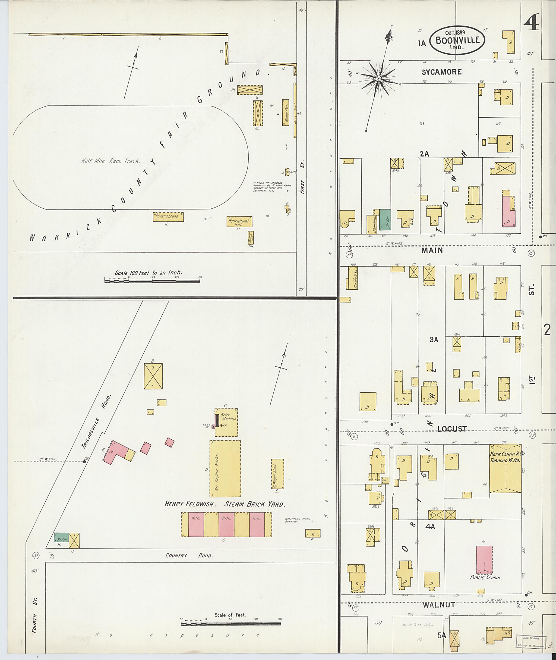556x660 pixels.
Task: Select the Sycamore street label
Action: pyautogui.click(x=442, y=72)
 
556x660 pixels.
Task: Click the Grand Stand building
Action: pyautogui.click(x=168, y=217)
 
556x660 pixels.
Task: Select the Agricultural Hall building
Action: pyautogui.click(x=239, y=221)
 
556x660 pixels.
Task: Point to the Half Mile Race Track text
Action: pyautogui.click(x=110, y=161)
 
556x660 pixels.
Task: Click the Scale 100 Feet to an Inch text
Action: pyautogui.click(x=149, y=273)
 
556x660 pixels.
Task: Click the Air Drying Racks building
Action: pyautogui.click(x=225, y=468)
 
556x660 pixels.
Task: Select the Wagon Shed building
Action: pyautogui.click(x=277, y=474)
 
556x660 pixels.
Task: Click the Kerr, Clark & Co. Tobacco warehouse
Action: pyautogui.click(x=505, y=468)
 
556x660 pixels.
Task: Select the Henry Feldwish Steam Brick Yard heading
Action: pyautogui.click(x=225, y=504)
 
